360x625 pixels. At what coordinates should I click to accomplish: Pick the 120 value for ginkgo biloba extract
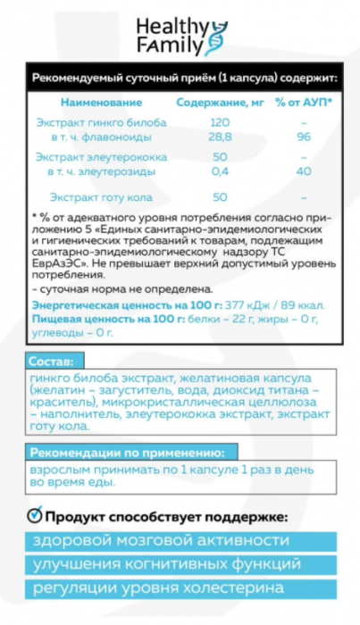(x=219, y=122)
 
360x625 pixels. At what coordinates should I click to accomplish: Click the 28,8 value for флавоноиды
(x=219, y=137)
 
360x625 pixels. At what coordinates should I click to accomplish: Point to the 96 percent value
(x=305, y=137)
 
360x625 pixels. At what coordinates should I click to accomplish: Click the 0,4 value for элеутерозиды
(x=219, y=171)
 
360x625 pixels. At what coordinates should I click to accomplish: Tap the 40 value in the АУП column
(x=305, y=171)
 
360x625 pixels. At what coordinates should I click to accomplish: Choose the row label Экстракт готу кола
(x=101, y=196)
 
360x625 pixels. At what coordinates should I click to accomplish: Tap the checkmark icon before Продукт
(x=33, y=516)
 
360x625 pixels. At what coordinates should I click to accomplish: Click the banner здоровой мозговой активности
(x=180, y=542)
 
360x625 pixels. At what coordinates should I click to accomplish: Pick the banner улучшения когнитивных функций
(x=180, y=565)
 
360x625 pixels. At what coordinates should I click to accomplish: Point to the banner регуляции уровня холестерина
(x=180, y=588)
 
